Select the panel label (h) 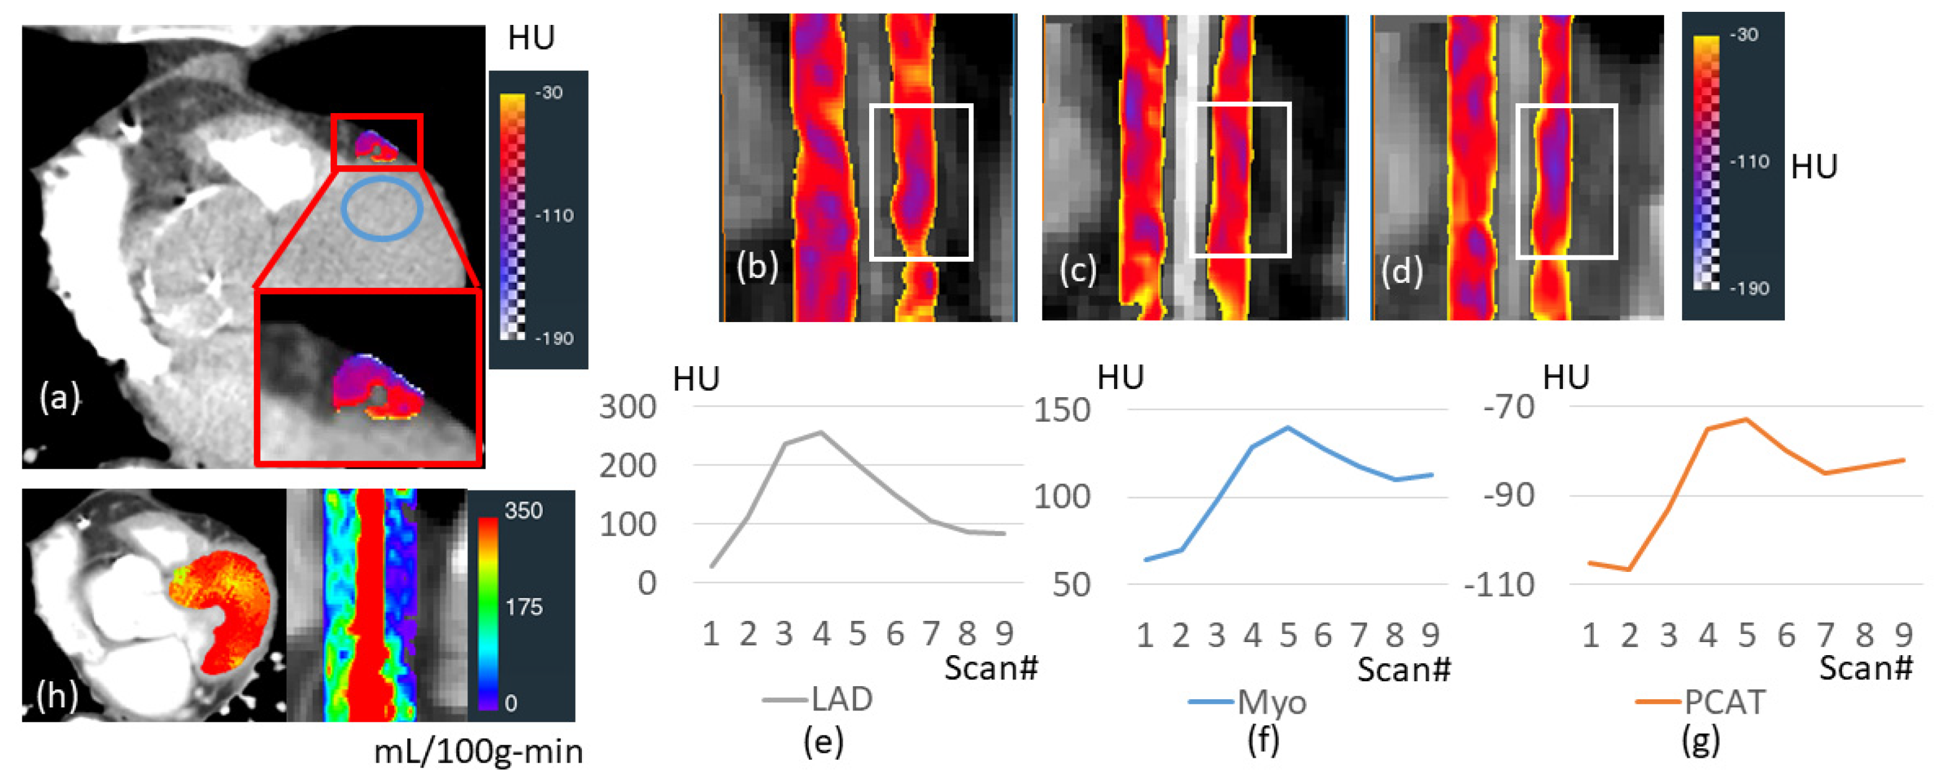pyautogui.click(x=57, y=696)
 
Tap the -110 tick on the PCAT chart pyautogui.click(x=1499, y=585)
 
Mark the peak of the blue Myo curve pyautogui.click(x=1287, y=427)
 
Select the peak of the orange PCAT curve pyautogui.click(x=1747, y=419)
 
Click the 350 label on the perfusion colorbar pyautogui.click(x=523, y=511)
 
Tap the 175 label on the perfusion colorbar pyautogui.click(x=523, y=607)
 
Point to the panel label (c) pyautogui.click(x=1077, y=270)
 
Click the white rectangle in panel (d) pyautogui.click(x=1566, y=182)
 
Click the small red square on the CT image pyautogui.click(x=377, y=142)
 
